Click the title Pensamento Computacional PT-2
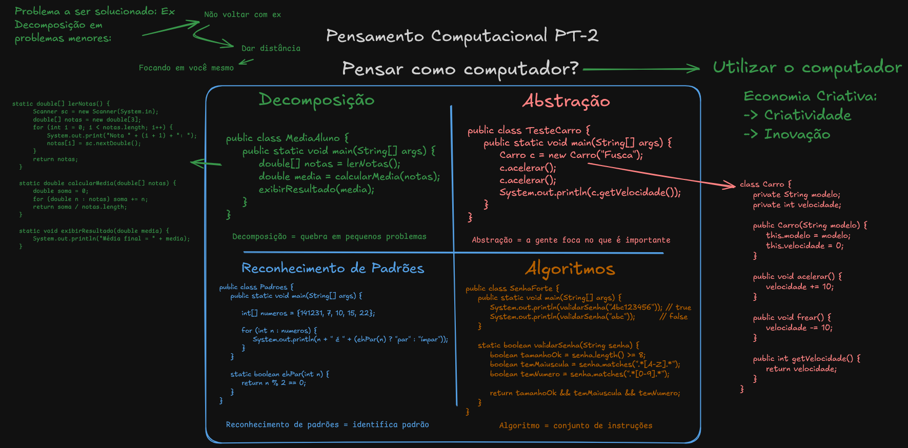(x=462, y=36)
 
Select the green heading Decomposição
(x=316, y=100)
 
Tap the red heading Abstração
(x=566, y=101)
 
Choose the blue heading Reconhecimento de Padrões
(x=333, y=268)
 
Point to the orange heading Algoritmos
(x=570, y=269)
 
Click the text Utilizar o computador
(x=807, y=68)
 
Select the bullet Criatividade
(x=807, y=115)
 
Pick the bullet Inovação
(x=797, y=134)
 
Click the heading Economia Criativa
(x=810, y=96)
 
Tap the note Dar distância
(x=271, y=48)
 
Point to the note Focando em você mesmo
(x=186, y=68)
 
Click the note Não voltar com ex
(x=243, y=15)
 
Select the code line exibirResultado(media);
(x=316, y=189)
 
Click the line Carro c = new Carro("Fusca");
(x=571, y=155)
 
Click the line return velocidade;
(x=801, y=369)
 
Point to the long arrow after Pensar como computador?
(x=641, y=69)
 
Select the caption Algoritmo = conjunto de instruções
(x=576, y=425)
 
